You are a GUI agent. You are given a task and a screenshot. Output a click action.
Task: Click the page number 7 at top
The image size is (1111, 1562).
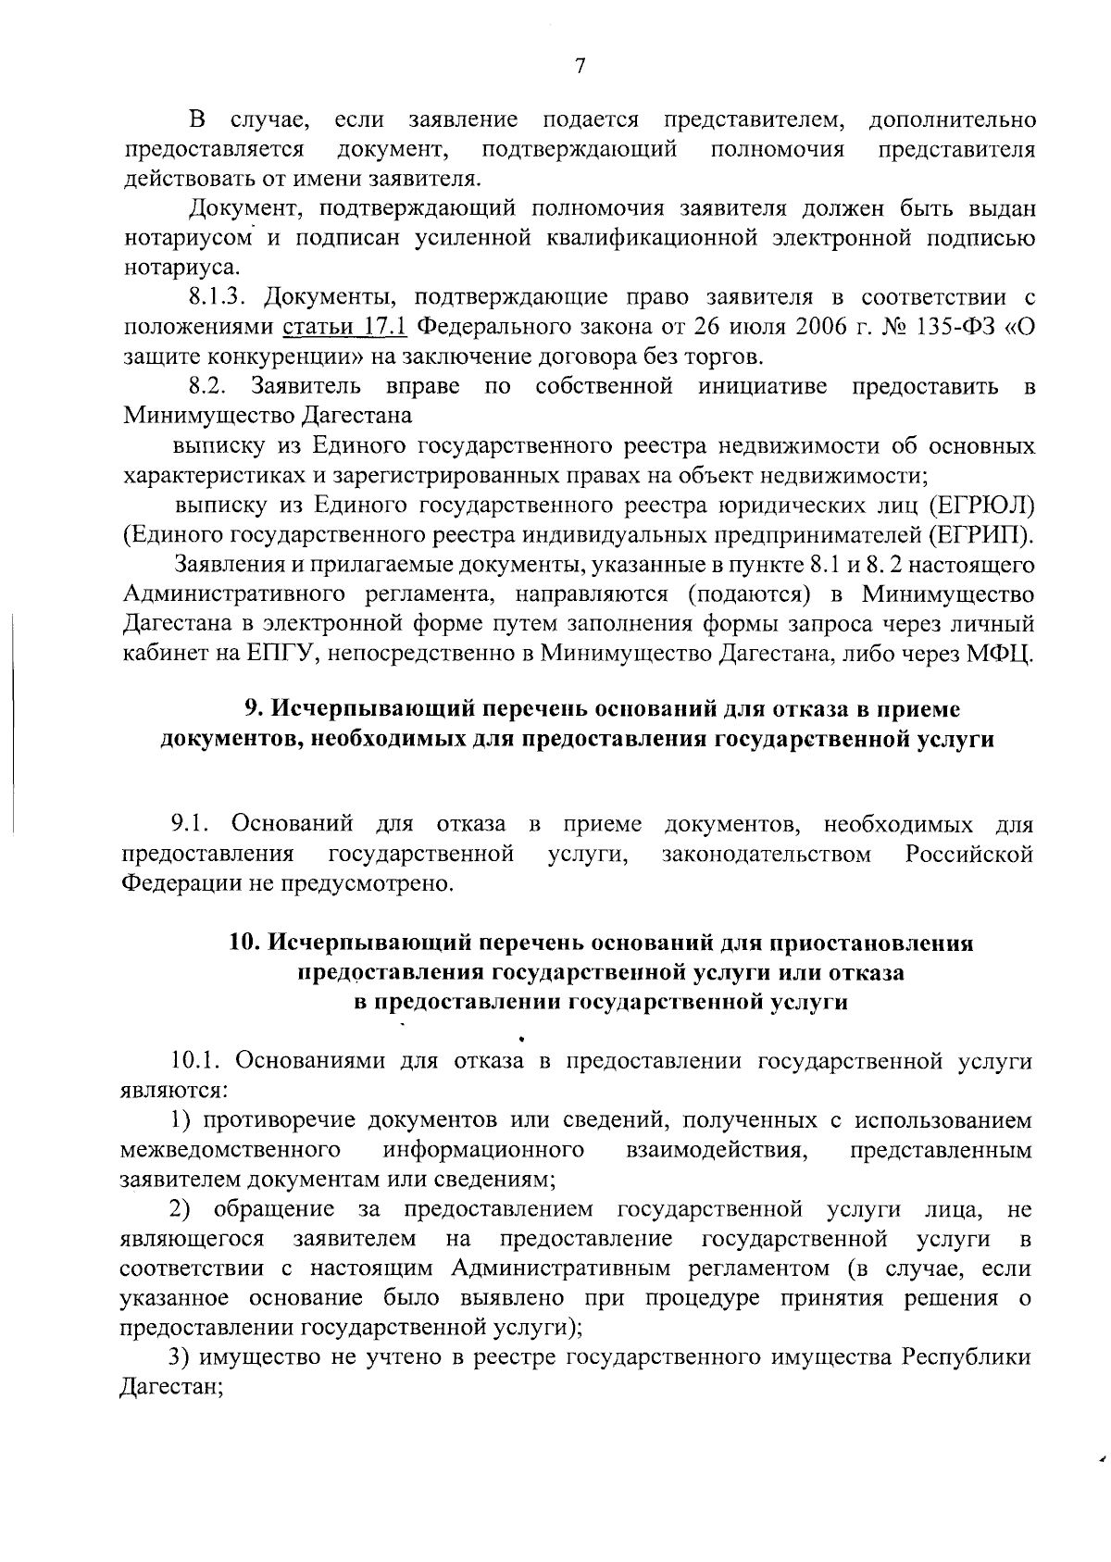tap(580, 66)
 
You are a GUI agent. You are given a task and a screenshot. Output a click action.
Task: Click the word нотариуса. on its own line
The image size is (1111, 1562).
tap(169, 268)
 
